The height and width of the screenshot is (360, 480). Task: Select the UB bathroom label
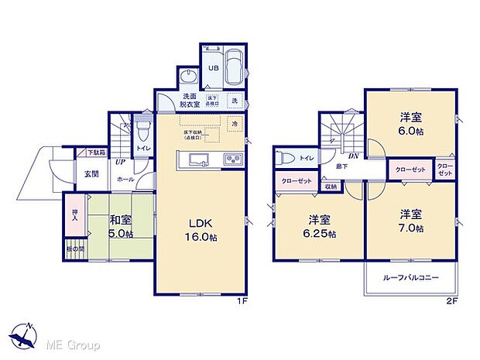(x=211, y=67)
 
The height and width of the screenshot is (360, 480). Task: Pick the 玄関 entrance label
(x=91, y=173)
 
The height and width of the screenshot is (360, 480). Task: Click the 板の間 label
(x=74, y=249)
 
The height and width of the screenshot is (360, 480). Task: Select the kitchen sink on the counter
(x=196, y=160)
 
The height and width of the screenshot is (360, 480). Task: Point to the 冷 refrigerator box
(x=234, y=124)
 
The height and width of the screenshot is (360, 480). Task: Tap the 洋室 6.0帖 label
(x=410, y=124)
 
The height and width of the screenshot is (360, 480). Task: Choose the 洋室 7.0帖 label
(x=410, y=221)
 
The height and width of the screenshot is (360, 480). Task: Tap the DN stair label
(x=352, y=156)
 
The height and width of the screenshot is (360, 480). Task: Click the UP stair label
(x=120, y=163)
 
